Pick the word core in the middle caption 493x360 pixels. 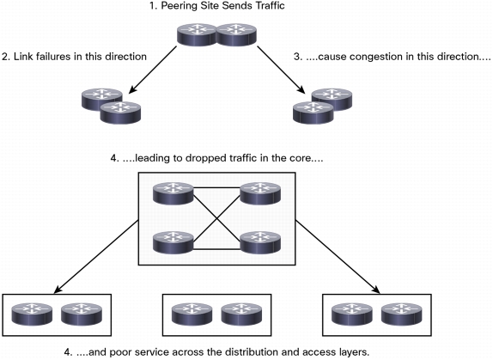[301, 158]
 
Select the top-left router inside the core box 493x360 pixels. [173, 193]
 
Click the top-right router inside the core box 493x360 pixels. [260, 193]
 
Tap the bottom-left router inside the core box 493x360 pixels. [173, 242]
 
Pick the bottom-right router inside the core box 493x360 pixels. [260, 242]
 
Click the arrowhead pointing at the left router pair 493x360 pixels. [133, 89]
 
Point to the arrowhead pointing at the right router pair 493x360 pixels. [301, 89]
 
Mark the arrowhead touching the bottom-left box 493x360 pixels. [58, 290]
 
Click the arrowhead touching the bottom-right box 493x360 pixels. [375, 290]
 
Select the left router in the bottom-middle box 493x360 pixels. [192, 314]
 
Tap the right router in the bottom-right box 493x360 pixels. [402, 314]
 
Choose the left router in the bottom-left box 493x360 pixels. [32, 314]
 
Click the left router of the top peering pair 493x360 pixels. [198, 34]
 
